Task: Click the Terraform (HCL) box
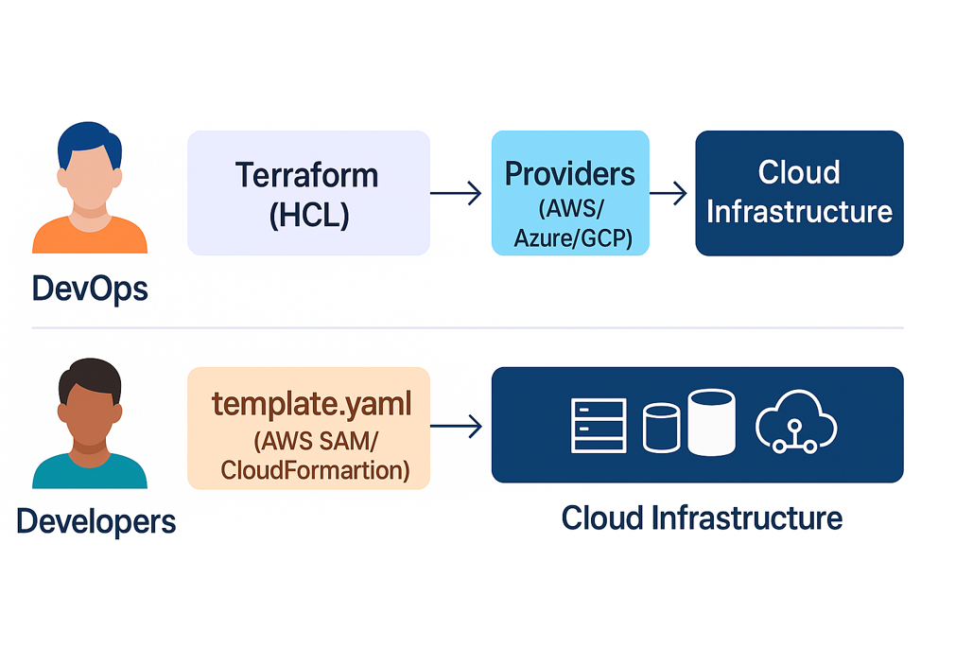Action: point(308,193)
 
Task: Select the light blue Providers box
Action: point(570,193)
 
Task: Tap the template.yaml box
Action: point(308,428)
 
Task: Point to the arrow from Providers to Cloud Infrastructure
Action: point(670,193)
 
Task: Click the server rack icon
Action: point(598,425)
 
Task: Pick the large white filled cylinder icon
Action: point(711,422)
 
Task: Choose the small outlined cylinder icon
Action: point(661,427)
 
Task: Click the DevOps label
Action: point(90,288)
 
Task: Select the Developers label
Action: point(96,520)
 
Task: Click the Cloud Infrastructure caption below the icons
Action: point(701,517)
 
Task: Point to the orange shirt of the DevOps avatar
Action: point(90,238)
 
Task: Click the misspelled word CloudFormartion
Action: point(315,470)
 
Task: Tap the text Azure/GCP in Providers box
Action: point(570,238)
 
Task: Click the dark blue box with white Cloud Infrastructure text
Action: point(799,193)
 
